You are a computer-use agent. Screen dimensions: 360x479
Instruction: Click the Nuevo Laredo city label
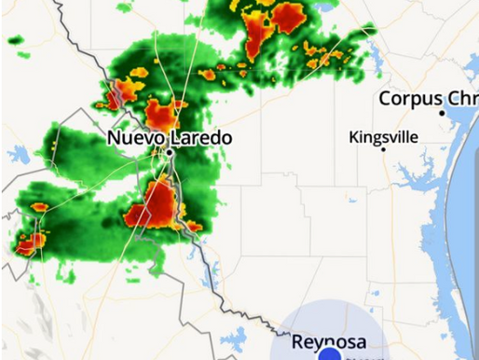point(169,138)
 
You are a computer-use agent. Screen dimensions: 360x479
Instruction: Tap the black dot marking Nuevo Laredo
point(171,151)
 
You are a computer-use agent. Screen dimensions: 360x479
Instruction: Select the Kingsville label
point(383,137)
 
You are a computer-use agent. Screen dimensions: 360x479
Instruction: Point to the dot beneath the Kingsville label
point(383,149)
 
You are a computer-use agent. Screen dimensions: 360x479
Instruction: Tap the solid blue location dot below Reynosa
point(328,355)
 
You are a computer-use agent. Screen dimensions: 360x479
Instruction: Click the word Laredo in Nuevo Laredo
point(204,138)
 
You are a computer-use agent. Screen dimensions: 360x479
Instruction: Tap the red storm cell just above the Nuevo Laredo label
point(161,116)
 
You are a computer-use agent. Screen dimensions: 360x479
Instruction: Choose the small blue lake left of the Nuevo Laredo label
point(19,155)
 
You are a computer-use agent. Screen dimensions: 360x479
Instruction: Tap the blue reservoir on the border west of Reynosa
point(233,336)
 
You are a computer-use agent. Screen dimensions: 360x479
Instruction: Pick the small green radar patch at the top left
point(15,41)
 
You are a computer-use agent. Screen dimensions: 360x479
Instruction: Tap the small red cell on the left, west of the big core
point(40,207)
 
